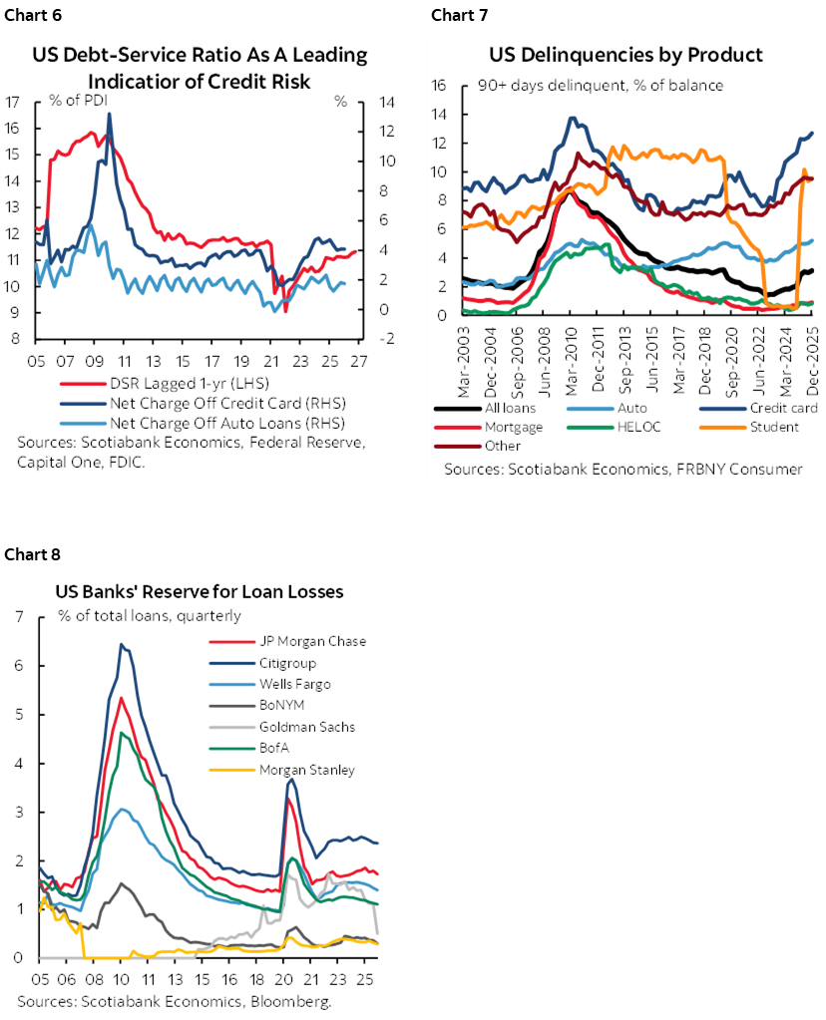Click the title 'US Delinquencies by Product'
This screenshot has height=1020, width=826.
point(625,55)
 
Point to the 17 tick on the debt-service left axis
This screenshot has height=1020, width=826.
point(13,102)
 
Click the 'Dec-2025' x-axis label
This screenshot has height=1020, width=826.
point(811,359)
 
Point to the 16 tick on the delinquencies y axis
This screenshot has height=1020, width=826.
point(439,86)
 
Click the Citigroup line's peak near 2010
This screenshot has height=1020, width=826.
point(121,644)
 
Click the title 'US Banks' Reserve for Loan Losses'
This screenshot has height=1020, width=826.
point(199,592)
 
